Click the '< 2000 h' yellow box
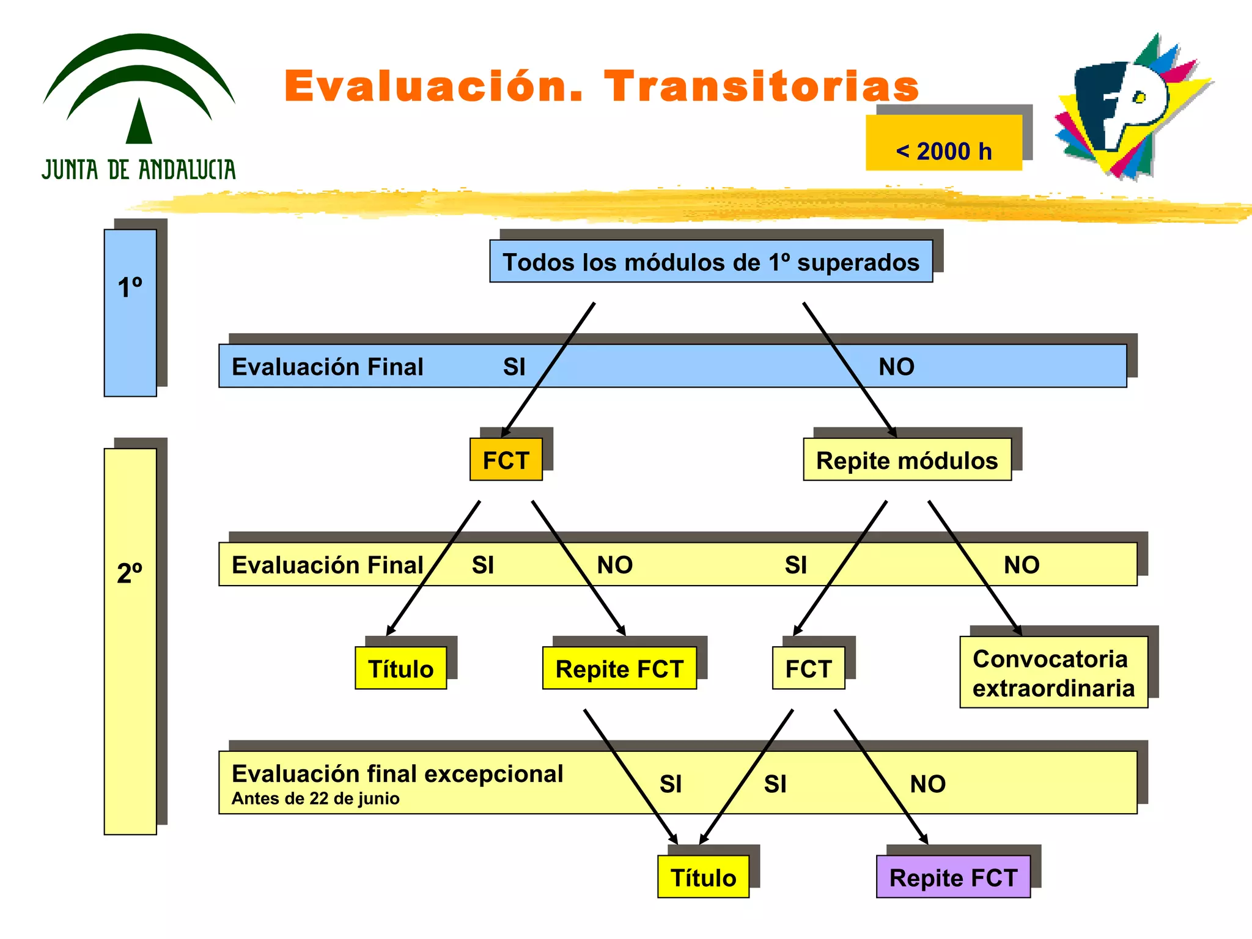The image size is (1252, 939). tap(943, 143)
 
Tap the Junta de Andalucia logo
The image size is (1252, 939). tap(139, 107)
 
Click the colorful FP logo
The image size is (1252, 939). tap(1131, 107)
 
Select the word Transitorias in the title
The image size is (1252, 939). tap(761, 86)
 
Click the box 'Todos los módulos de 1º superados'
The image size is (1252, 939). tap(710, 262)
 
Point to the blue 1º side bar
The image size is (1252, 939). tap(130, 313)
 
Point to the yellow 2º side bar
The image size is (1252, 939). tap(130, 641)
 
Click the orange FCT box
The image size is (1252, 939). tap(506, 460)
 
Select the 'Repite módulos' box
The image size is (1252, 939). tap(907, 460)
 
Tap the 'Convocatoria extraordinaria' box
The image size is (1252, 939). tap(1053, 672)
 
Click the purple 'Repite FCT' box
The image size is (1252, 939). tap(952, 877)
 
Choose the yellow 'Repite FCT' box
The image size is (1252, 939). tap(619, 668)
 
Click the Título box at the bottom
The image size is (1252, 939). tap(703, 877)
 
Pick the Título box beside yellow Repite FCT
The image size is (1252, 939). tap(400, 668)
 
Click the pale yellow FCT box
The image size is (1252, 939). tap(808, 668)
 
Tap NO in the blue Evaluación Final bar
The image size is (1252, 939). tap(896, 367)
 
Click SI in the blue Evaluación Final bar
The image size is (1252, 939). tap(514, 367)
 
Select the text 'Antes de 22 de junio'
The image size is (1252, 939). tap(315, 798)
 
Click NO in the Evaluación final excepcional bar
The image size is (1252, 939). tap(927, 784)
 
